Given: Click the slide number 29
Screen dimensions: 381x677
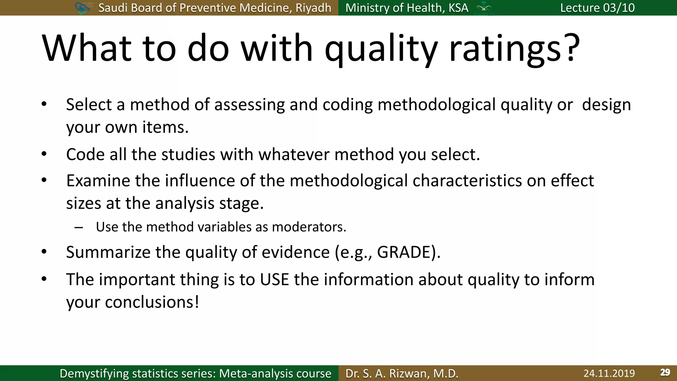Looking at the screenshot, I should [x=665, y=372].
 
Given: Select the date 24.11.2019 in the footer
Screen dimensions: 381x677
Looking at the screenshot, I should [x=609, y=373].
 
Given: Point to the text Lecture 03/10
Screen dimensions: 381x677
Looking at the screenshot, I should [x=597, y=8].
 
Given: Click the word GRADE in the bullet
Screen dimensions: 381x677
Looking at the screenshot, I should [x=404, y=252].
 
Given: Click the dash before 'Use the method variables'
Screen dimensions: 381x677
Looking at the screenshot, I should [x=79, y=228].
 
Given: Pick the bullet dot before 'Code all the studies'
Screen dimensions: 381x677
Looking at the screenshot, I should [x=44, y=154].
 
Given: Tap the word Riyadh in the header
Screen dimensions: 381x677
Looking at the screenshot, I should [x=313, y=8].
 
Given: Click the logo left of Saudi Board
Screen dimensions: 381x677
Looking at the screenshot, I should [x=82, y=8].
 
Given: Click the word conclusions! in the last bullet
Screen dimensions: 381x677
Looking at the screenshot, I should [x=152, y=302].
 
